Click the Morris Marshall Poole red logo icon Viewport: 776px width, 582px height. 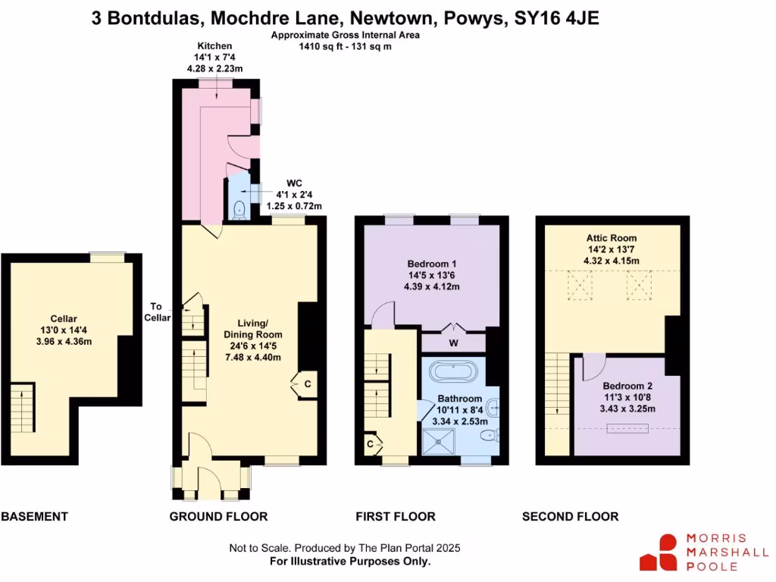coord(659,552)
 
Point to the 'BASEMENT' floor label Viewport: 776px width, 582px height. coord(34,517)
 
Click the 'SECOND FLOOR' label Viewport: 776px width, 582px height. coord(570,517)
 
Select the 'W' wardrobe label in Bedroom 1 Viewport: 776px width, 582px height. coord(453,343)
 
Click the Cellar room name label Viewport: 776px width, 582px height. coord(65,319)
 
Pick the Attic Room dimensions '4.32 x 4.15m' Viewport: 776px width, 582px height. coord(611,261)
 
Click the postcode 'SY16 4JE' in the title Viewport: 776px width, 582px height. coord(556,18)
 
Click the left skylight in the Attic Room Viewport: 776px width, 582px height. coord(582,286)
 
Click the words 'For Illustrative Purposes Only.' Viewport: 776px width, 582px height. coord(350,562)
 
